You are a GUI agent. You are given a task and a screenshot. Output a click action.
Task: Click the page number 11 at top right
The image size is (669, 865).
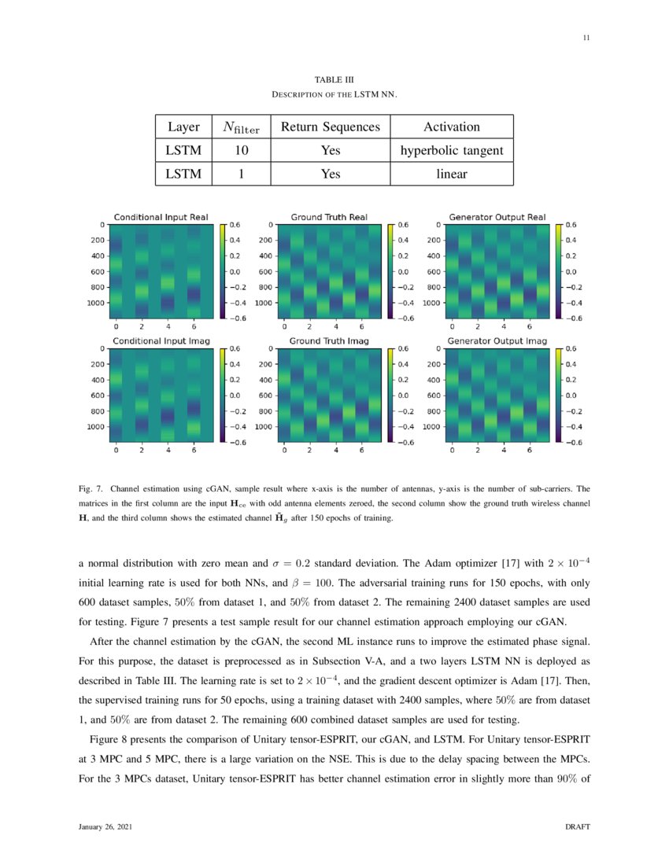(x=586, y=38)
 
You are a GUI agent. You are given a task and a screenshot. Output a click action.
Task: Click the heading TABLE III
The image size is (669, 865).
(x=334, y=79)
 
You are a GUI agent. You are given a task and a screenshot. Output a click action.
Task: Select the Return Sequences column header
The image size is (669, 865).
(x=331, y=127)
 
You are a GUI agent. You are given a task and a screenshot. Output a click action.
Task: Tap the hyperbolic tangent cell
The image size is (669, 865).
(x=452, y=150)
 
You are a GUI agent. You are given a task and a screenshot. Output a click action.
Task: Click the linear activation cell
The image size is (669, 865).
(x=452, y=173)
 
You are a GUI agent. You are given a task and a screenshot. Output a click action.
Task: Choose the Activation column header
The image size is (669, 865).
(x=452, y=127)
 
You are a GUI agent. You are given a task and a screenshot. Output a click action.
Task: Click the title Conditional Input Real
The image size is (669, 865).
(x=160, y=216)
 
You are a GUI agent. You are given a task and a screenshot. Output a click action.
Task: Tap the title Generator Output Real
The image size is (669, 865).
(x=497, y=216)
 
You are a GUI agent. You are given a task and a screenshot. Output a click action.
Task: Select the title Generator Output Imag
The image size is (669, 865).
(x=497, y=340)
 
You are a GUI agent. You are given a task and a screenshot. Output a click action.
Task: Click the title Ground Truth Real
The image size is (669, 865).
(x=329, y=216)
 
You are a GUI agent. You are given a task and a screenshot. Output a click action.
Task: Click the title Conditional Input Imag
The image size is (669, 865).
(x=160, y=340)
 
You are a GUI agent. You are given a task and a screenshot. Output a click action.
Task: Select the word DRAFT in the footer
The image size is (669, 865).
(x=578, y=827)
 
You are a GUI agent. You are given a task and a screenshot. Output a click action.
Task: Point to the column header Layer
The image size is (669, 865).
(x=183, y=127)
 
